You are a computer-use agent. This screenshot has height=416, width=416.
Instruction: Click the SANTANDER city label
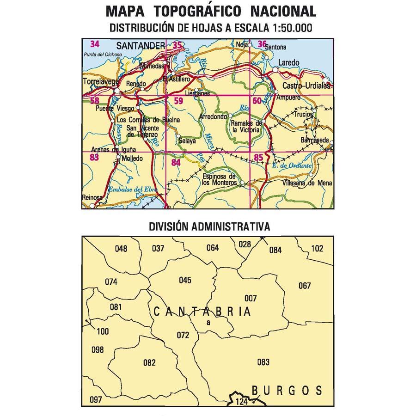coord(141,46)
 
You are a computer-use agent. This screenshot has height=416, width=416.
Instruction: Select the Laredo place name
coord(289,63)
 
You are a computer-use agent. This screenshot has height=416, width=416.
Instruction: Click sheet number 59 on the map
coord(178,101)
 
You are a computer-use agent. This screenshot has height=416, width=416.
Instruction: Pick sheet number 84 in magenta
coord(176,162)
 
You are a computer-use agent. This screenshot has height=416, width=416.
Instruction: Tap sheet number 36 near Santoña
coord(262,44)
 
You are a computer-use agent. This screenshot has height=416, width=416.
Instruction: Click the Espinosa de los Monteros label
coord(220,180)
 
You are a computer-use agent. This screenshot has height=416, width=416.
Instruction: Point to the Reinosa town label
coord(92,198)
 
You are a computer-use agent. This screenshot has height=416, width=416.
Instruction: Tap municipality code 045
coord(185,280)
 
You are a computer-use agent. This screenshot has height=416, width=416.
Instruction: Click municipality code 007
coord(251,298)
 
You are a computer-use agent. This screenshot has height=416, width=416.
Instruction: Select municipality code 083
coord(263,362)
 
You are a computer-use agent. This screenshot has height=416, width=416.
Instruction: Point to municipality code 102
coord(317,248)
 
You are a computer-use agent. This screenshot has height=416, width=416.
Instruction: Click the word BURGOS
coord(287,391)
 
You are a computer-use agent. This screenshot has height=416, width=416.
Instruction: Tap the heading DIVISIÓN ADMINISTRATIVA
coord(209,227)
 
